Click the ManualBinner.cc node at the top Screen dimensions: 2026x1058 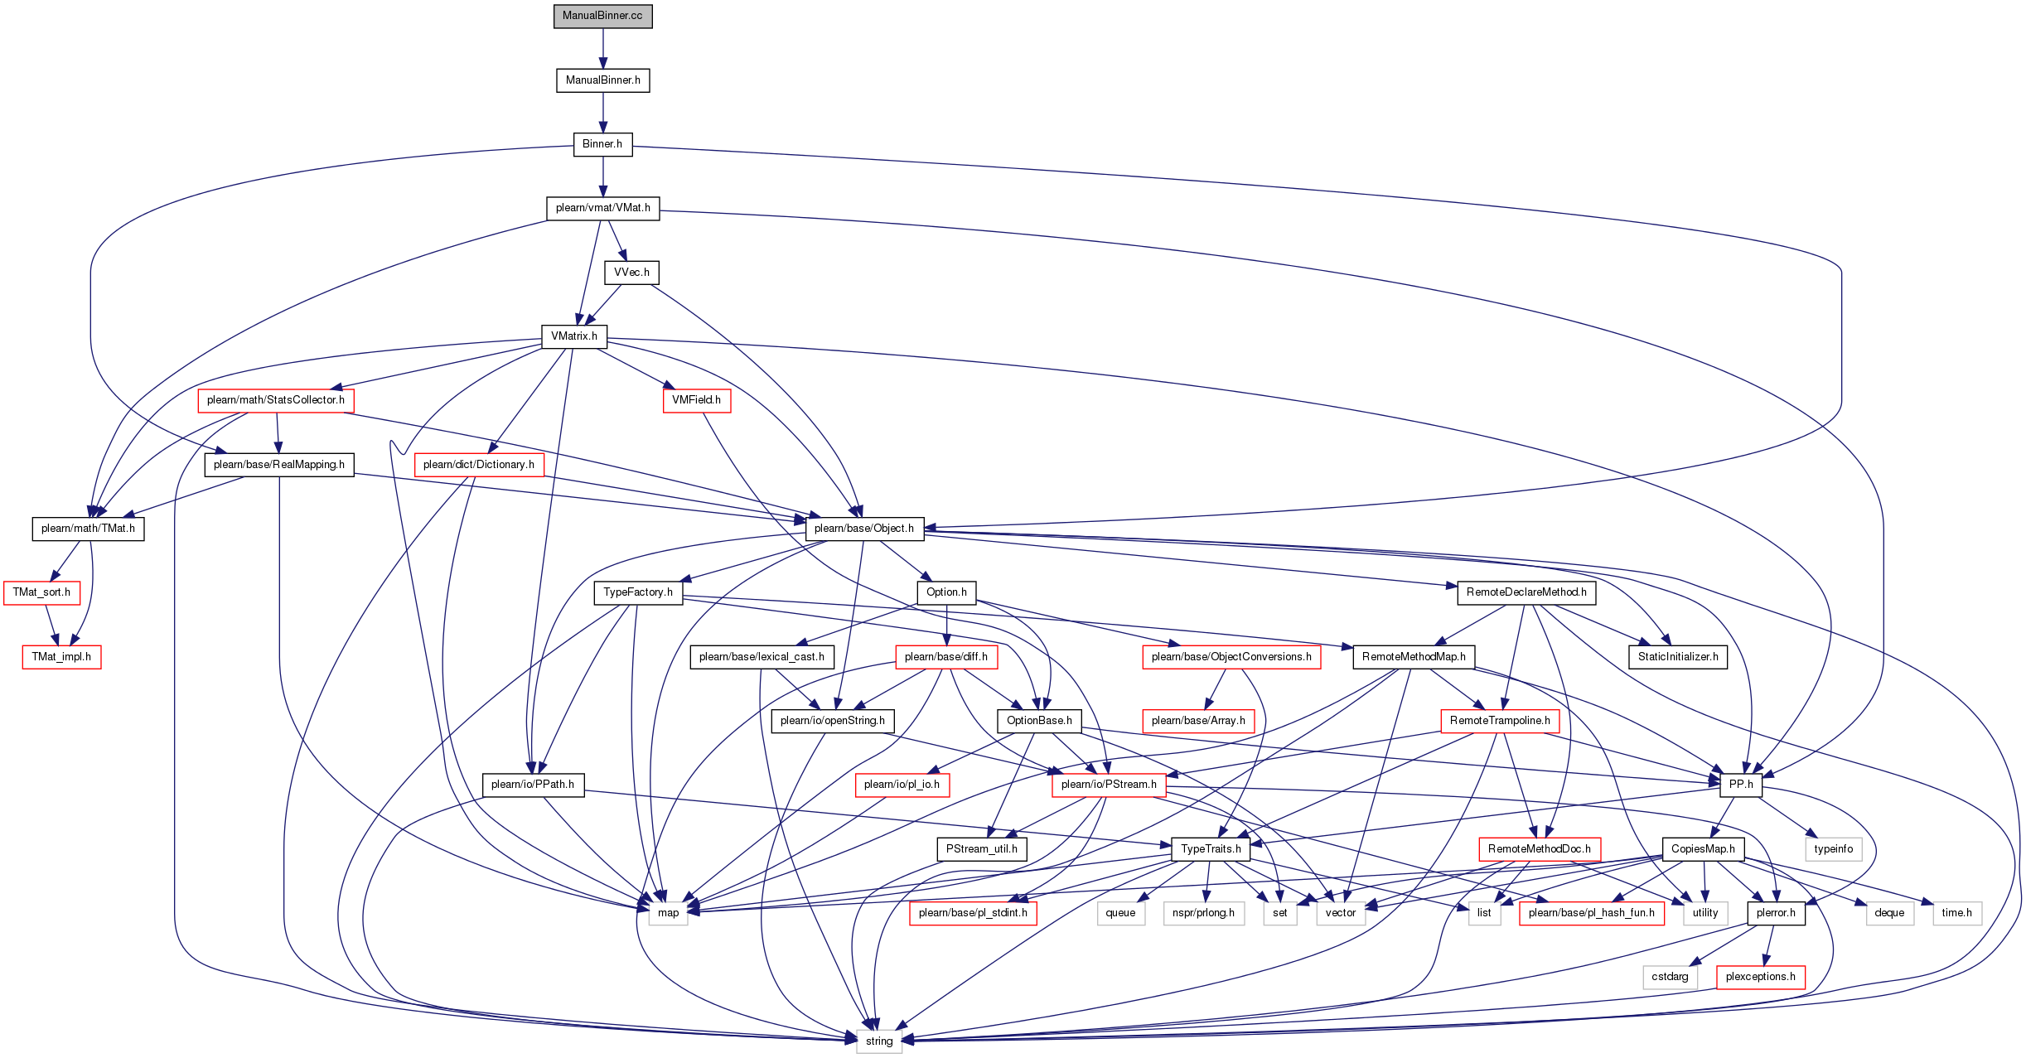[603, 16]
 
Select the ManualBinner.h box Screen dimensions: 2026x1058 [603, 80]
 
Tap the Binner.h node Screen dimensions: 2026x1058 [602, 144]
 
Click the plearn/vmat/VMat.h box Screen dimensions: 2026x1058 [603, 208]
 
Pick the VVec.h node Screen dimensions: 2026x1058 [632, 273]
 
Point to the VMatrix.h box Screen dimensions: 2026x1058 [574, 336]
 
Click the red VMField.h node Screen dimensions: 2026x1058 [697, 400]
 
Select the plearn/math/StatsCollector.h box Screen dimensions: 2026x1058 [276, 400]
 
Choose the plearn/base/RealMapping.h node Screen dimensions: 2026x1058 [279, 465]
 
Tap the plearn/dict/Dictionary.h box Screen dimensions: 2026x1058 [479, 465]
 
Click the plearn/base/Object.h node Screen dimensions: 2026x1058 [864, 529]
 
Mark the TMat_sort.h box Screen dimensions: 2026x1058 [41, 592]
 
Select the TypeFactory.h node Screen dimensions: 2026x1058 [638, 592]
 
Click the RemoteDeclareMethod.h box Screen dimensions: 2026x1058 [1526, 592]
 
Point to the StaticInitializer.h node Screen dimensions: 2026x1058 [1678, 657]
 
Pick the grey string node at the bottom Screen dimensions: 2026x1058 [879, 1041]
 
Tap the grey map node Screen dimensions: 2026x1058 [669, 913]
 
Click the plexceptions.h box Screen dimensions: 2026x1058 [1761, 977]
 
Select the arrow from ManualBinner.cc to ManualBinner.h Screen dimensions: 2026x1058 [603, 48]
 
